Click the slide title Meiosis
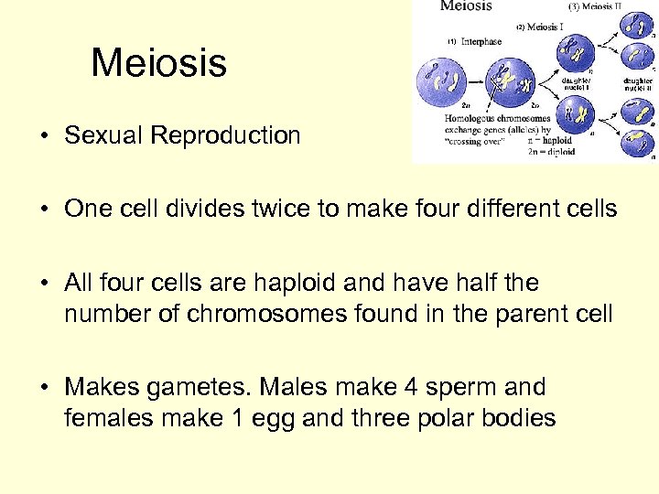point(158,63)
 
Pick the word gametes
point(193,388)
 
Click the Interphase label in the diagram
point(477,41)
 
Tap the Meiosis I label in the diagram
point(542,27)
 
